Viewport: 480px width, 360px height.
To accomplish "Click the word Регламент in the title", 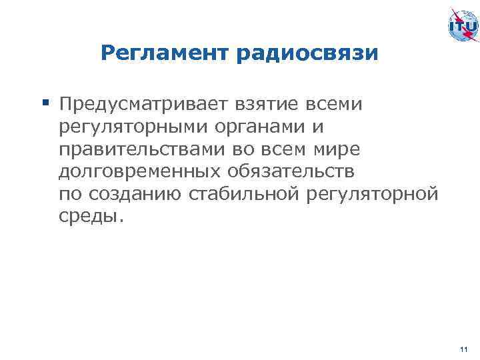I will click(x=165, y=53).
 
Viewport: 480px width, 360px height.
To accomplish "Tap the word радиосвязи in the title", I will click(x=307, y=53).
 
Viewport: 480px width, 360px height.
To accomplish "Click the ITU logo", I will click(x=461, y=26).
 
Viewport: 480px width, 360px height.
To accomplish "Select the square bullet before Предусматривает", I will click(x=46, y=103).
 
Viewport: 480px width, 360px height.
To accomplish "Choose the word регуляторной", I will click(x=373, y=195).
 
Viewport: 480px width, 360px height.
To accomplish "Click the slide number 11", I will click(x=464, y=348).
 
